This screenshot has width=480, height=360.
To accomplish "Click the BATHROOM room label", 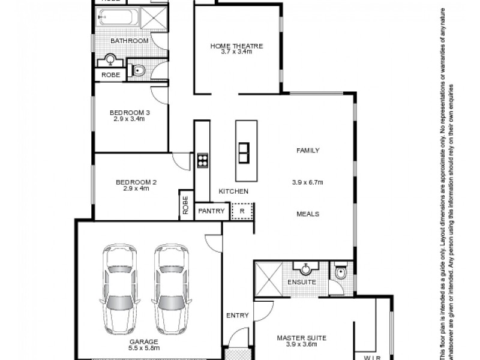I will [x=129, y=41].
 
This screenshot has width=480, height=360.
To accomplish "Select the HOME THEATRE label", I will [x=236, y=46].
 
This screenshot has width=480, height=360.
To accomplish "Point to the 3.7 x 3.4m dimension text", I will [x=236, y=52].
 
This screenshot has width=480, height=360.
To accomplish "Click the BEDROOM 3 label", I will [x=129, y=112].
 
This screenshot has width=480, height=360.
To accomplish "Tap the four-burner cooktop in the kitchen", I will [x=202, y=160].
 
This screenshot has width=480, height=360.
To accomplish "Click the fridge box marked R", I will [x=241, y=211].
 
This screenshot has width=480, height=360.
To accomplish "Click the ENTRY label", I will [x=238, y=315].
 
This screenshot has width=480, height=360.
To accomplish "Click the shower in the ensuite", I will [x=268, y=278].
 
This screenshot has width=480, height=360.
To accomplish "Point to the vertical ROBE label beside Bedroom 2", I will [x=185, y=206].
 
